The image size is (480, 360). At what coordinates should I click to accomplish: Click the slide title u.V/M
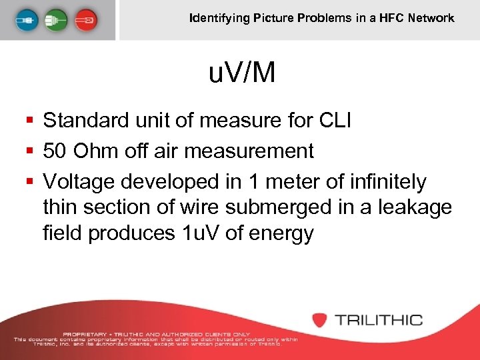241,73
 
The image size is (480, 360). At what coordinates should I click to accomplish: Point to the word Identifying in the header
219,18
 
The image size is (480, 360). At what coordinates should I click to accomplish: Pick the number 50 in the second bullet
55,151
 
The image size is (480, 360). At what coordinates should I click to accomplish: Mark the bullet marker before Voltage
29,181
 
